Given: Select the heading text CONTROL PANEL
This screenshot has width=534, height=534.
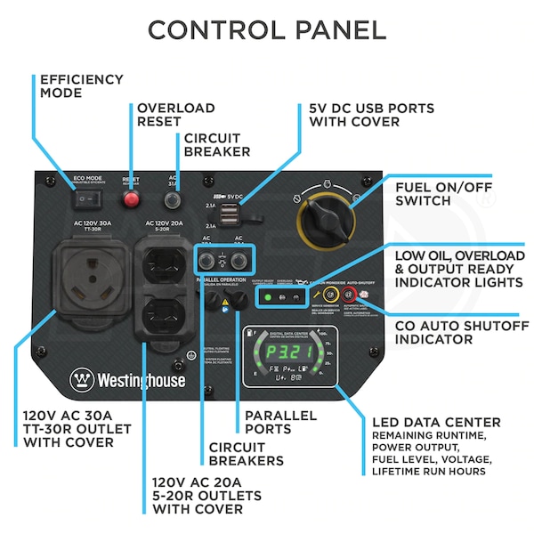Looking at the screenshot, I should (x=267, y=30).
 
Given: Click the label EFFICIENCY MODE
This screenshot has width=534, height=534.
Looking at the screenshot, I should (x=82, y=86).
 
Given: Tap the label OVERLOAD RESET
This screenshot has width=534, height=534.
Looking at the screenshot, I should (x=175, y=115).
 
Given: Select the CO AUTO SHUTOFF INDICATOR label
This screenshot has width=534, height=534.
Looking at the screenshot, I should (x=459, y=332).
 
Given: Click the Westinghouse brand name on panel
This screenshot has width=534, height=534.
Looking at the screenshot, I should (x=142, y=380).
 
